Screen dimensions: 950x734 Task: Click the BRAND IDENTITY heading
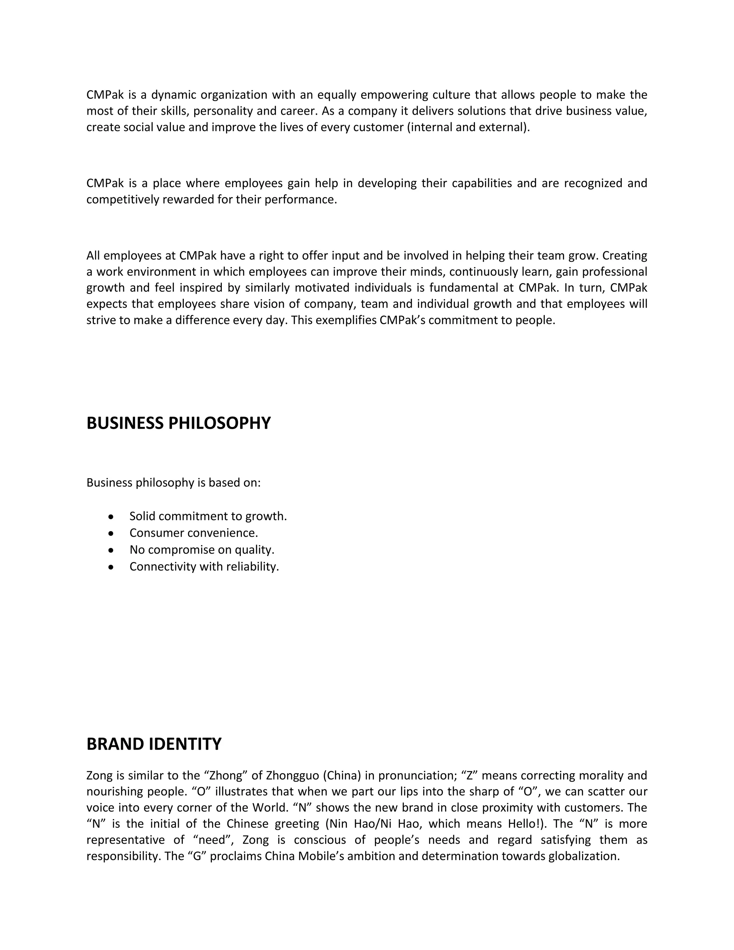[154, 744]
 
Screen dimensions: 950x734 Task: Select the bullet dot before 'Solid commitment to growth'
[111, 517]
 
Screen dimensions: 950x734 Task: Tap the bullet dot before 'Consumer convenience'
[111, 533]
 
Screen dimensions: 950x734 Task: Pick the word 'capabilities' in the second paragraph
[482, 183]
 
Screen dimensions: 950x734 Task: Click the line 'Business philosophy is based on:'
[173, 483]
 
